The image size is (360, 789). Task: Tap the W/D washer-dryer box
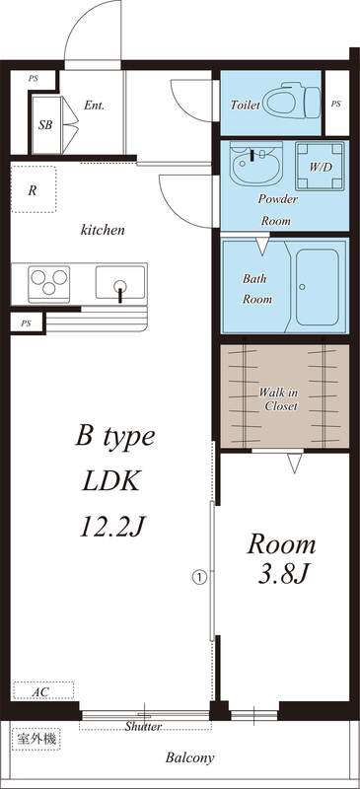(x=322, y=168)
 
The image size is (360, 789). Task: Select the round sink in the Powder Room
(x=255, y=167)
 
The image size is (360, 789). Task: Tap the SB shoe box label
(x=45, y=125)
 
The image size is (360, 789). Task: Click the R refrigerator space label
(x=33, y=191)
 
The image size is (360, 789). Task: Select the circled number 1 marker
(x=199, y=575)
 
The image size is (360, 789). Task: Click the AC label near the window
(x=40, y=692)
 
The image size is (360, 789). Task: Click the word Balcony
(x=189, y=757)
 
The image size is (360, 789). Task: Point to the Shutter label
(x=143, y=727)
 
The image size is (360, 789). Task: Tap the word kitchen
(x=103, y=230)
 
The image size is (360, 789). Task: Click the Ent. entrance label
(x=95, y=105)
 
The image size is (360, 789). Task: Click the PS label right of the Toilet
(x=336, y=103)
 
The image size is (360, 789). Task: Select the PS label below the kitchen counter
(x=25, y=323)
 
